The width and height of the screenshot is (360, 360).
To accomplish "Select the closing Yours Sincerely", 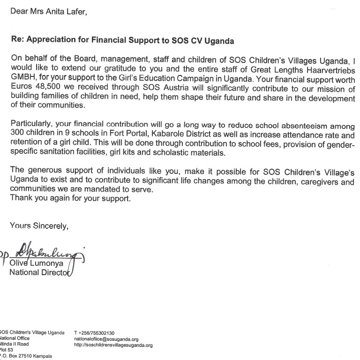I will (39, 226).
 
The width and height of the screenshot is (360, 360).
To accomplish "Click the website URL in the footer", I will (114, 345).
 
